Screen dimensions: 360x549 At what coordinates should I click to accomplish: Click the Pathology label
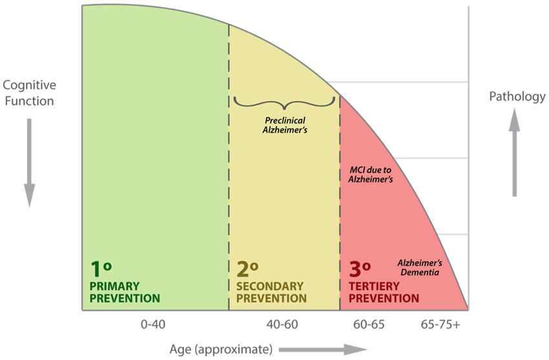(x=517, y=97)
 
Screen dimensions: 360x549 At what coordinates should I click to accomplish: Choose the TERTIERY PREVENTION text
(x=384, y=292)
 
